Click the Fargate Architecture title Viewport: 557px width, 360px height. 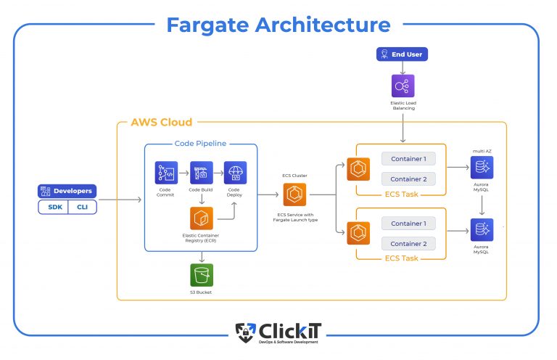(x=278, y=25)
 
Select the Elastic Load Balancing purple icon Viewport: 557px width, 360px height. (x=403, y=86)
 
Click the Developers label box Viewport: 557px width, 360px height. (x=67, y=191)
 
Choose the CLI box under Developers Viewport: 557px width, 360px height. (x=82, y=207)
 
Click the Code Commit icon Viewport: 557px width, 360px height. (x=167, y=173)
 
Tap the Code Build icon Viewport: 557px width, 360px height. (x=202, y=173)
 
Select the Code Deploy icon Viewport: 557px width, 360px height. (x=236, y=173)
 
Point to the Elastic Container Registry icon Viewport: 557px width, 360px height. (x=202, y=218)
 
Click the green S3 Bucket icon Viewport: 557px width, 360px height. (x=202, y=275)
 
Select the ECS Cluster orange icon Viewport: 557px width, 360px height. (x=294, y=195)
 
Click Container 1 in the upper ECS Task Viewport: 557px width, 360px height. (x=408, y=158)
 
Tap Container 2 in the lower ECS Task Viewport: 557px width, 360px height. (x=408, y=244)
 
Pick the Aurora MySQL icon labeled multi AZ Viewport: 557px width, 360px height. (x=482, y=168)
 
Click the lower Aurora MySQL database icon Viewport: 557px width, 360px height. (x=482, y=230)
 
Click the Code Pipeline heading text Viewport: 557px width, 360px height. (x=201, y=144)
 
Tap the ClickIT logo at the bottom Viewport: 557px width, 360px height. (x=278, y=332)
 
